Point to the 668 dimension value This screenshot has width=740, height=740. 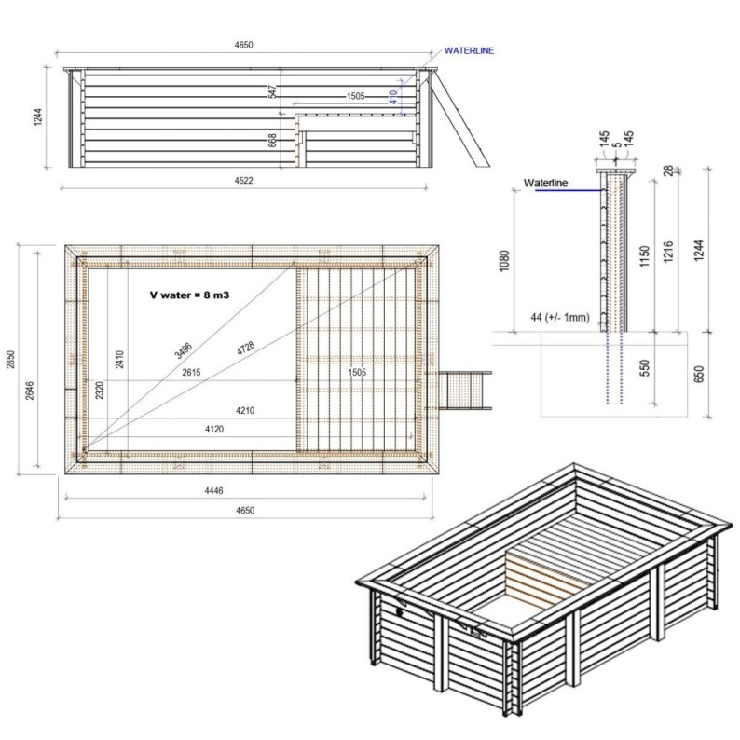tap(272, 140)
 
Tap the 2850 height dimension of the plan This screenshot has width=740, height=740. tap(11, 358)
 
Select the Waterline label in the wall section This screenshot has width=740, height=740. tap(546, 183)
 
